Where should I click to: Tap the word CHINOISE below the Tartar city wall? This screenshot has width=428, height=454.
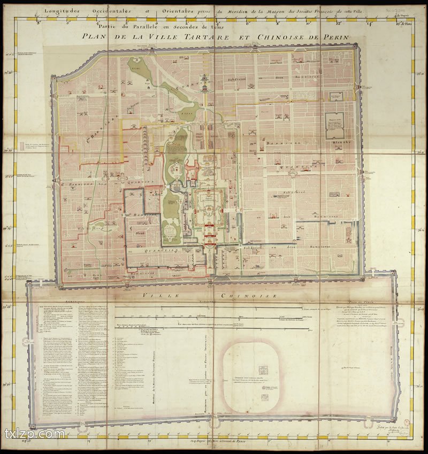pos(241,295)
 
